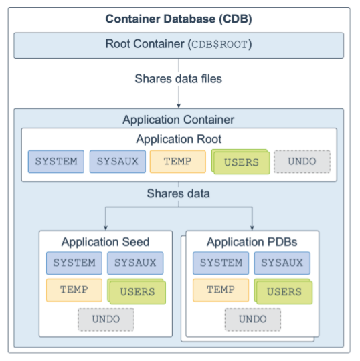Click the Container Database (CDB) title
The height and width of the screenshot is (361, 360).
point(179,19)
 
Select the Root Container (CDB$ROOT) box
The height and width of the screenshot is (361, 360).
point(179,45)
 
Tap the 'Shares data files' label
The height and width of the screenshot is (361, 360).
point(179,78)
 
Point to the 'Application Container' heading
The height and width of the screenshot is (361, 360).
point(179,120)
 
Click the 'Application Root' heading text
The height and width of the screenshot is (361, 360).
point(179,139)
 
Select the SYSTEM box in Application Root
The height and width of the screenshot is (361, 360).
point(56,162)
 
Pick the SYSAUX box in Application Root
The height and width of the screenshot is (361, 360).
point(118,162)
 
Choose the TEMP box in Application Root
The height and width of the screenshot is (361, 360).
point(178,162)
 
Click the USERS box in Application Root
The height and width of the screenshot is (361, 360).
point(241,162)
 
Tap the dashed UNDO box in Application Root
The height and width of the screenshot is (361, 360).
point(302,162)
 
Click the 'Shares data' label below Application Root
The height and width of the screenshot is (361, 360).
point(179,193)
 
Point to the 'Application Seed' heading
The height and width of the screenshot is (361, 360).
point(105,242)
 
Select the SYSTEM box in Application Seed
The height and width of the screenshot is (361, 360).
point(74,263)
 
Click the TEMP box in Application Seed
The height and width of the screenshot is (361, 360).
point(74,290)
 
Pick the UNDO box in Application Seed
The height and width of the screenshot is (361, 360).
point(106,320)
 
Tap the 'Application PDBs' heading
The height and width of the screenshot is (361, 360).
point(252,242)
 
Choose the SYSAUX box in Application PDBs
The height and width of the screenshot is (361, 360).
point(282,263)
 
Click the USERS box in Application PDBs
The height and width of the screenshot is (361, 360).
point(284,291)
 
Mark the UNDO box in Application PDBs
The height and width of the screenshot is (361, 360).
point(253,320)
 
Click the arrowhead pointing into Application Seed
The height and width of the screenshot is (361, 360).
point(106,228)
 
